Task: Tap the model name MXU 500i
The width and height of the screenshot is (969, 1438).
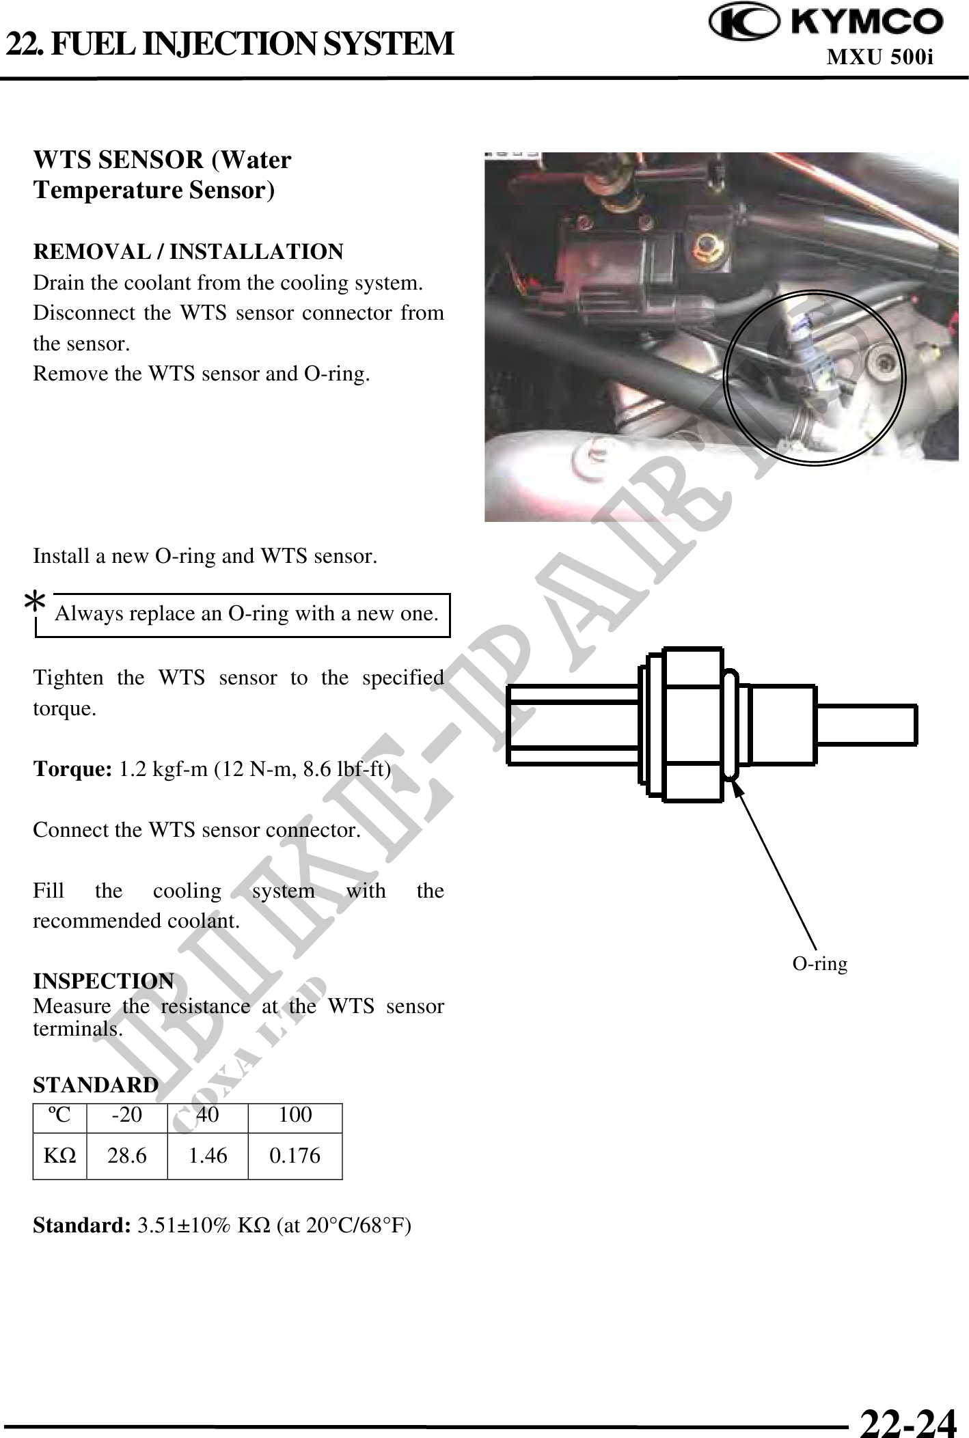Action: pos(880,57)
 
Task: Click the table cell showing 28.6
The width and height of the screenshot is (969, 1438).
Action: pos(127,1156)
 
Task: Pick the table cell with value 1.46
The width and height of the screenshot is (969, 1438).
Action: pos(208,1156)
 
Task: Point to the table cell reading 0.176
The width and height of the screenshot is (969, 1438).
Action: pos(295,1156)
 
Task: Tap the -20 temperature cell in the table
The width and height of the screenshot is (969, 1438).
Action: pos(127,1115)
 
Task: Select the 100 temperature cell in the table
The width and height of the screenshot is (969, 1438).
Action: pos(295,1115)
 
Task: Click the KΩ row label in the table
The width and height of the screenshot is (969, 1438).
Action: pos(60,1156)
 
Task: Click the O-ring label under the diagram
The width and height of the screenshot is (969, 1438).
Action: pos(819,963)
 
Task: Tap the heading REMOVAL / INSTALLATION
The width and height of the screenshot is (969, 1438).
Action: pos(189,252)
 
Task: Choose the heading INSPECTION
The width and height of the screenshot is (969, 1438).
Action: pos(104,981)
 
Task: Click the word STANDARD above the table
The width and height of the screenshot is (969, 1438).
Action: pos(96,1085)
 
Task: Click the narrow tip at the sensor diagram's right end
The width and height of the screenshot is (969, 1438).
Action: pos(866,724)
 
